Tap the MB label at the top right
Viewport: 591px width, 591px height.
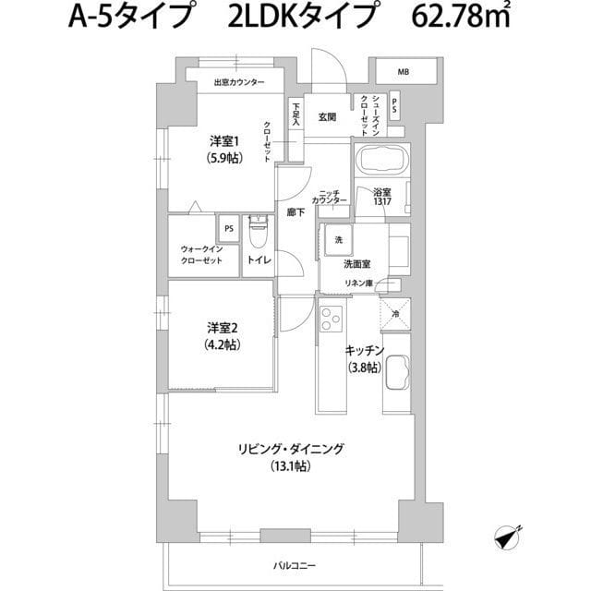click(x=404, y=71)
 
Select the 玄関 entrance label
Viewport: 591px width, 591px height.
click(x=327, y=117)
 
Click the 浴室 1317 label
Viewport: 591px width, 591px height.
click(x=383, y=198)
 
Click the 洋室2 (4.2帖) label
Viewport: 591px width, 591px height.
click(x=223, y=335)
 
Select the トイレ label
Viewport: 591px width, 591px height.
click(x=258, y=262)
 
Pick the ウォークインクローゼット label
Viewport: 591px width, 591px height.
click(x=201, y=255)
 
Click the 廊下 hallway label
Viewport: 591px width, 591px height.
click(x=296, y=211)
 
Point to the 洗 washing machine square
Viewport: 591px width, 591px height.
click(x=336, y=240)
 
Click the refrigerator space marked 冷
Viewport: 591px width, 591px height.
click(x=394, y=314)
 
